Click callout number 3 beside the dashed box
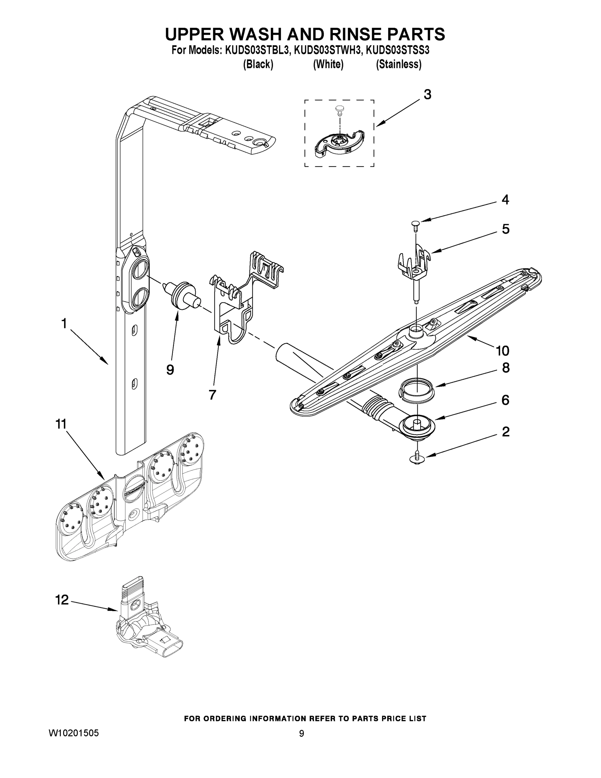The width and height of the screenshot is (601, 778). [427, 95]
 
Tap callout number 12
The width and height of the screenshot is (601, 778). [62, 600]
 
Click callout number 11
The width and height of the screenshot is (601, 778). [61, 424]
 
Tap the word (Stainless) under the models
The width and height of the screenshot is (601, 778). [399, 65]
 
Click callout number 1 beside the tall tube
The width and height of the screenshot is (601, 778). [64, 324]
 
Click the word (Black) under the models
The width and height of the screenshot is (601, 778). [258, 65]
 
